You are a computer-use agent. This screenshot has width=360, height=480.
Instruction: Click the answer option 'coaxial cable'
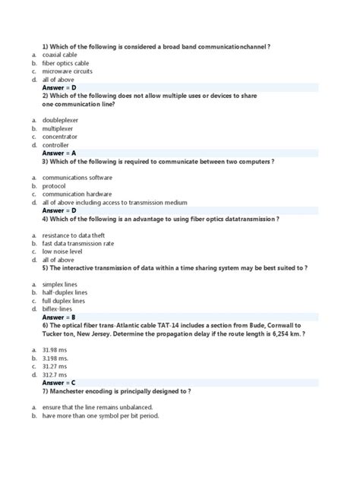click(x=61, y=55)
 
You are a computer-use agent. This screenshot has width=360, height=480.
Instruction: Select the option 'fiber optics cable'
click(x=66, y=64)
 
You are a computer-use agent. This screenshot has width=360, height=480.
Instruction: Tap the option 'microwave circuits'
click(x=66, y=71)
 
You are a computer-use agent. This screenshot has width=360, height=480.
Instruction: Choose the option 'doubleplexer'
click(x=60, y=120)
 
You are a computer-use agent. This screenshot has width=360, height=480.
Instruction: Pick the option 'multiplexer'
click(x=58, y=128)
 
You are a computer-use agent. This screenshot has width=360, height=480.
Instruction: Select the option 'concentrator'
click(x=60, y=137)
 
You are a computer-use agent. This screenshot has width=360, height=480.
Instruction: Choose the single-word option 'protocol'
click(x=54, y=186)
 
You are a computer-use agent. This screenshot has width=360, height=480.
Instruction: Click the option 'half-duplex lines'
click(x=65, y=292)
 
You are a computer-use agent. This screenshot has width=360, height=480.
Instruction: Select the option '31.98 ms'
click(x=55, y=349)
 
